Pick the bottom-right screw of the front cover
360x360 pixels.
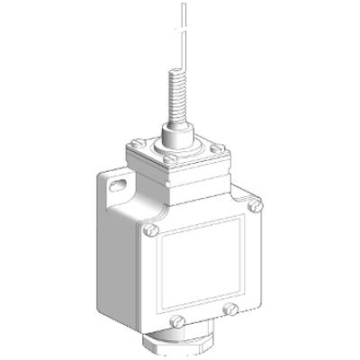(232, 310)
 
